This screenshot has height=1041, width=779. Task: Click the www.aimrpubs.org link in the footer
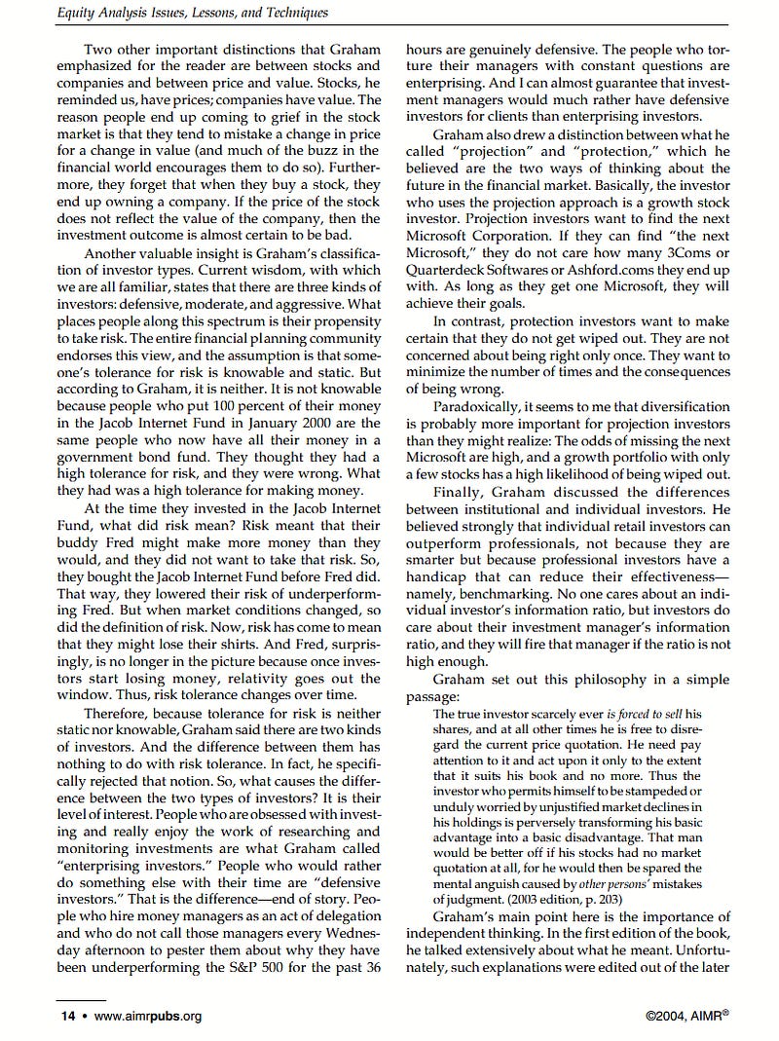click(147, 1017)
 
